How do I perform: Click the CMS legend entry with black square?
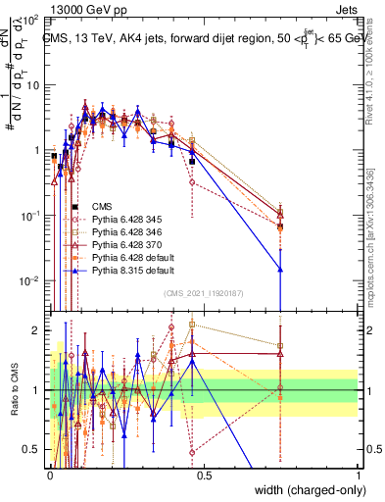(101, 205)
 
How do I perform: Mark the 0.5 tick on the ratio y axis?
(36, 449)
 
